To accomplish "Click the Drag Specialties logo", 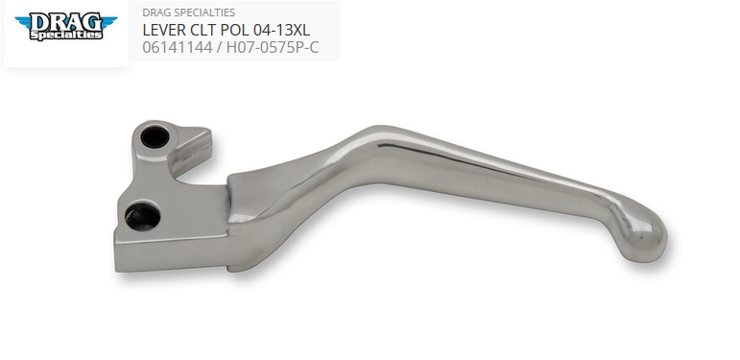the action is click(66, 27).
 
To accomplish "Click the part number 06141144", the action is click(177, 47).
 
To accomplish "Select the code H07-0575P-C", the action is click(273, 47).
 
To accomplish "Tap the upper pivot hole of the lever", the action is click(155, 137).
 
